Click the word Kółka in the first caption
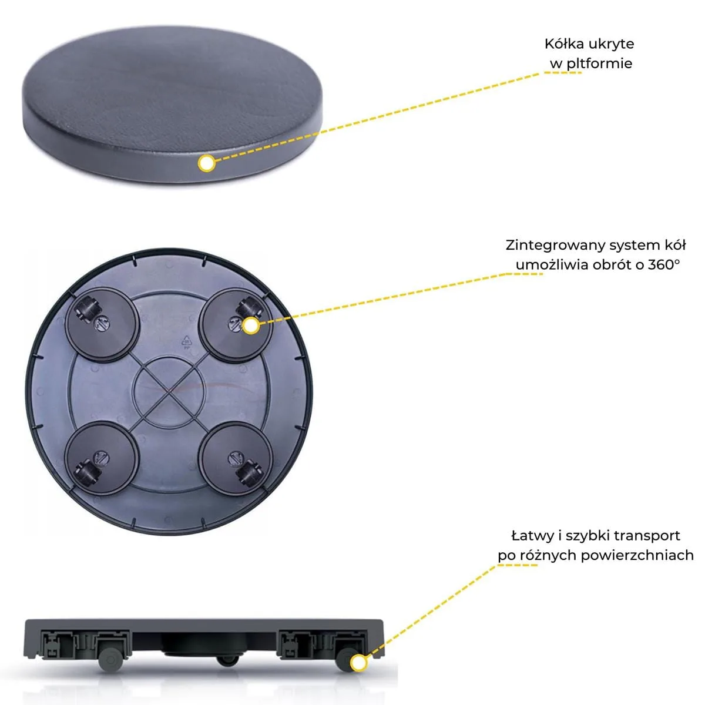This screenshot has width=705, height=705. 566,44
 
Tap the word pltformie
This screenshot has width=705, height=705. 600,63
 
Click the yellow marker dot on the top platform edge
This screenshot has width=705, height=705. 207,163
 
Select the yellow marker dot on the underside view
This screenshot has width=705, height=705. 251,325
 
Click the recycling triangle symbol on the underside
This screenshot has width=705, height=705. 187,341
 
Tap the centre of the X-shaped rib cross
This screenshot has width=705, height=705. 169,392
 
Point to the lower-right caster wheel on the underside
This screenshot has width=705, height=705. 250,474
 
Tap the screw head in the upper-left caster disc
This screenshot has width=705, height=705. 102,323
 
